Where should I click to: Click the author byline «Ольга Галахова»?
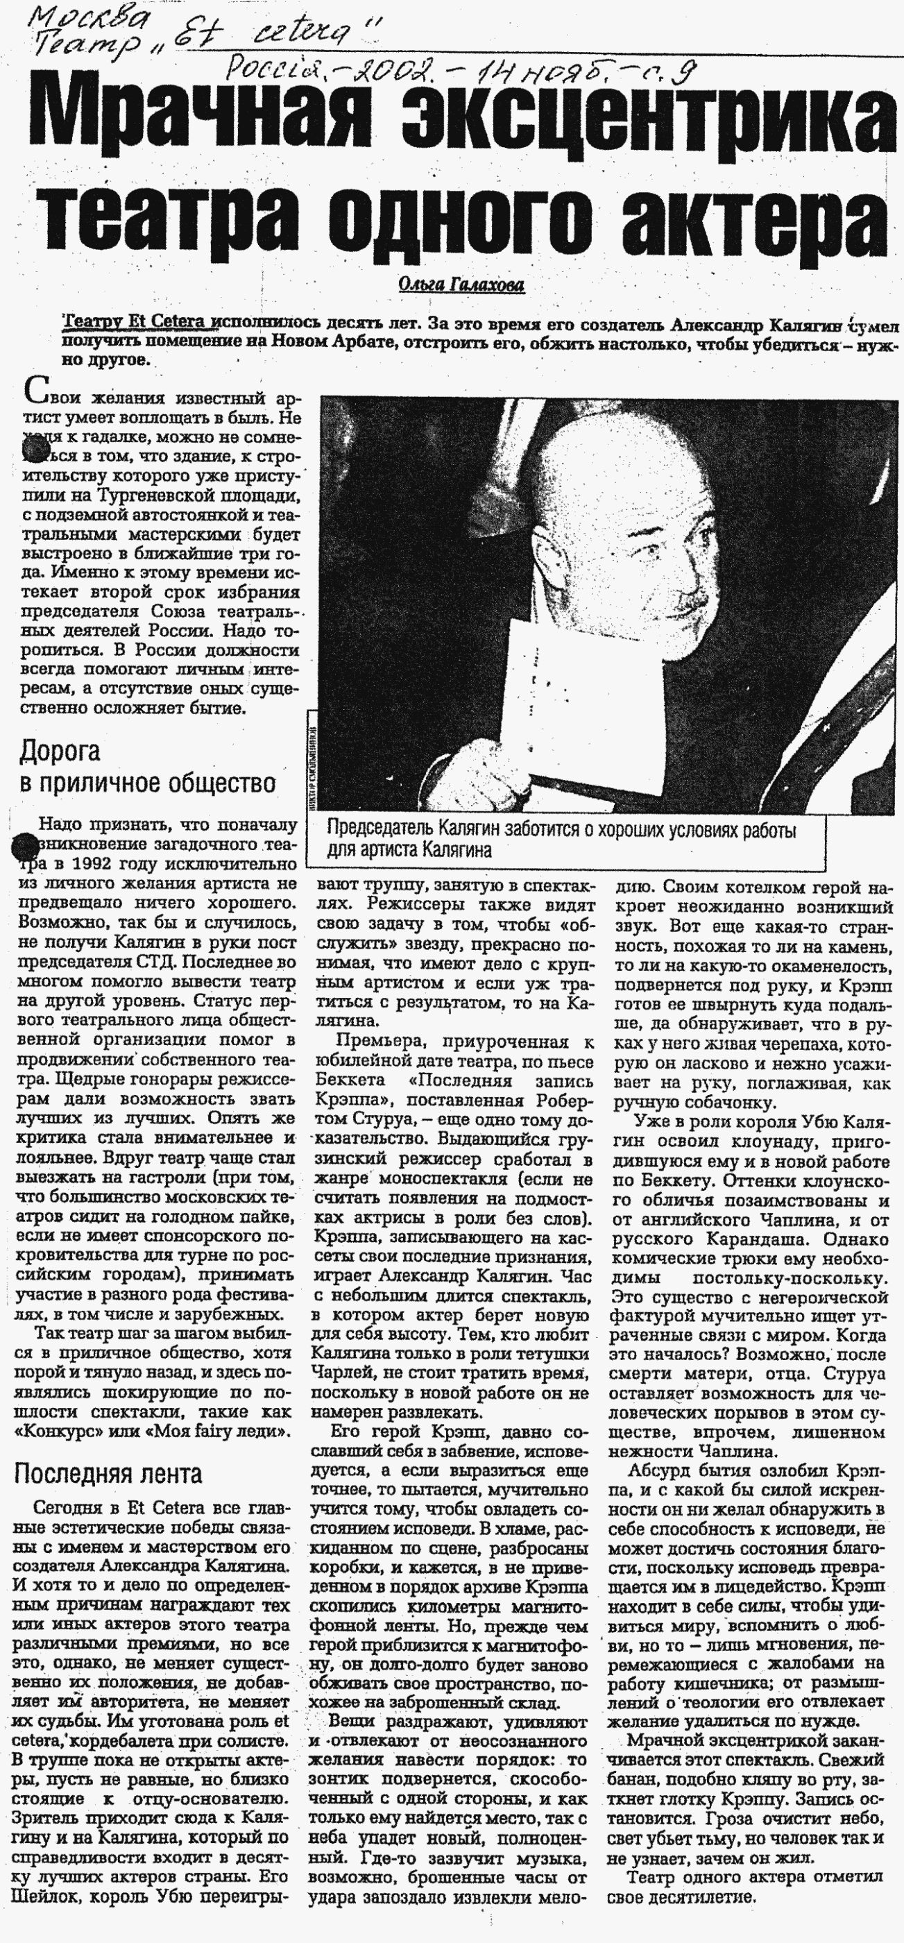click(x=461, y=286)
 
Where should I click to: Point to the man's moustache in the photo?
click(x=690, y=604)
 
